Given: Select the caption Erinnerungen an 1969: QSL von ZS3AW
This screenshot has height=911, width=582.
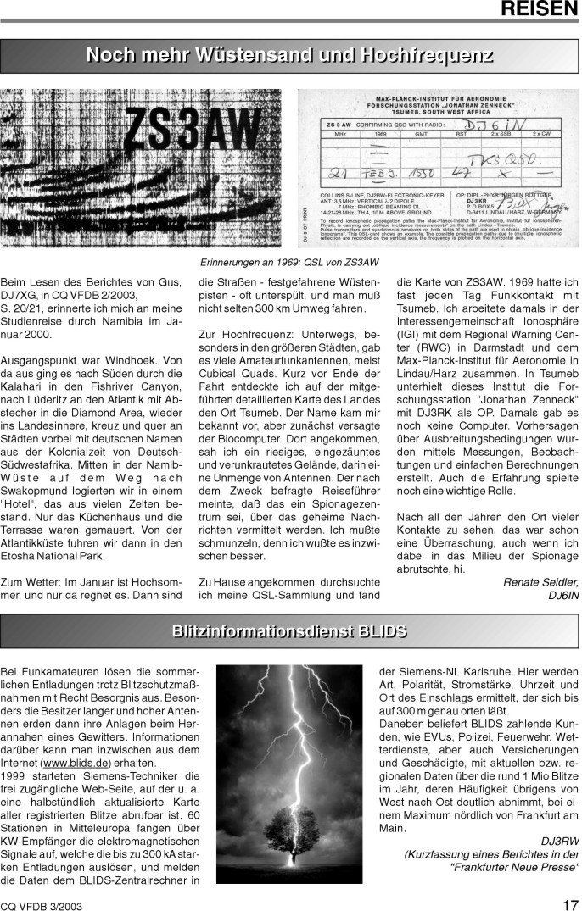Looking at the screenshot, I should [x=288, y=262].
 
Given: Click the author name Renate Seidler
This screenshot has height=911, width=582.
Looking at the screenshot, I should [x=540, y=581].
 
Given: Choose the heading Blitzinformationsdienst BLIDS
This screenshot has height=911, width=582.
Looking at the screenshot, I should [x=289, y=630].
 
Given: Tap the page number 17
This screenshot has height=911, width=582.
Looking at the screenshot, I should [x=570, y=903].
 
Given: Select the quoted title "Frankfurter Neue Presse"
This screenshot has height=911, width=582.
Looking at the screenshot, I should [x=516, y=866].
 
